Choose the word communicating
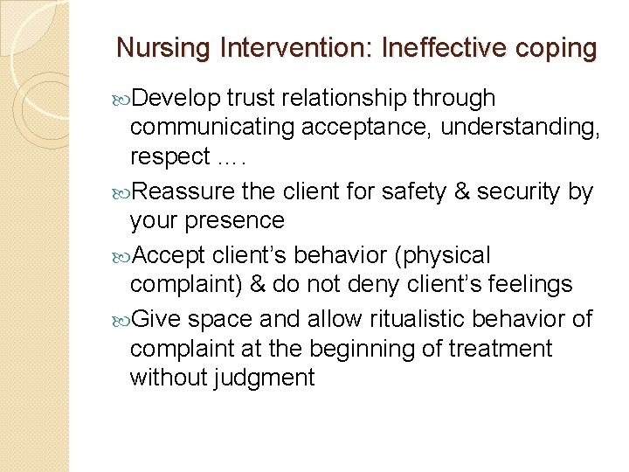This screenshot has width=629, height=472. pos(212,128)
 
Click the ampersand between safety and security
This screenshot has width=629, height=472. pos(473,190)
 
